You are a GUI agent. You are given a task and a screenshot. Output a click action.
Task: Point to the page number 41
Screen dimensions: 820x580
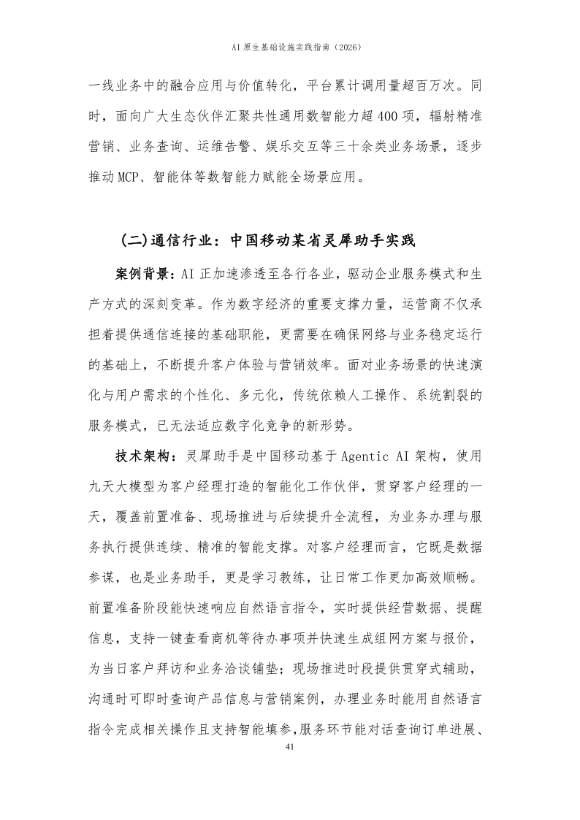pos(290,747)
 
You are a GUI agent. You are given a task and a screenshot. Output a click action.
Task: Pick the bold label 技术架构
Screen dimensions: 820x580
pos(142,456)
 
